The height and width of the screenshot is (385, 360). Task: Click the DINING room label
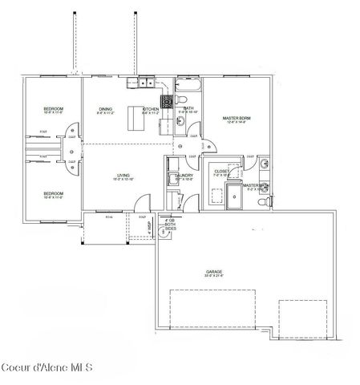click(105, 109)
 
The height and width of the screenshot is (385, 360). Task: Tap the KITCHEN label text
click(150, 109)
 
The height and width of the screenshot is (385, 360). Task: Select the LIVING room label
click(123, 175)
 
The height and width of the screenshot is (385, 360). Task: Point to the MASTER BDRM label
click(237, 119)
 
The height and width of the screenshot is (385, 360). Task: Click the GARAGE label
click(214, 273)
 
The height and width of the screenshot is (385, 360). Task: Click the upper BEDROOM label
click(54, 108)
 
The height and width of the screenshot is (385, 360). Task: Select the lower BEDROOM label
click(54, 193)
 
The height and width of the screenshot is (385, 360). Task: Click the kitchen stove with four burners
click(168, 102)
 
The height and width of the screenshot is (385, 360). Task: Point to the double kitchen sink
click(144, 82)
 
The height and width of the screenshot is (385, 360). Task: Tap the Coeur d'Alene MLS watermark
click(47, 368)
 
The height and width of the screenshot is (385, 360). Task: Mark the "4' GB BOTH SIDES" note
click(169, 224)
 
